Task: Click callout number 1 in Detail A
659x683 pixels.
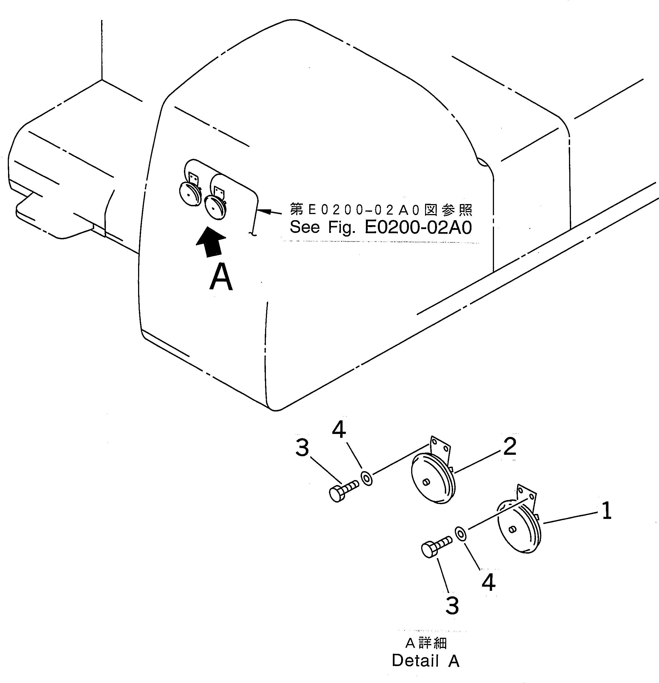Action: tap(607, 511)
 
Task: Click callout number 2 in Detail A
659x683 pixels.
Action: tap(510, 446)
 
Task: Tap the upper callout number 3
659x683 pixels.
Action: tap(302, 448)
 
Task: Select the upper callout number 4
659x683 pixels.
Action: tap(339, 430)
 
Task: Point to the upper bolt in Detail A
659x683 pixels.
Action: tap(343, 492)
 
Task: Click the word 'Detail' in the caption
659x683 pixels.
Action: tap(415, 661)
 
